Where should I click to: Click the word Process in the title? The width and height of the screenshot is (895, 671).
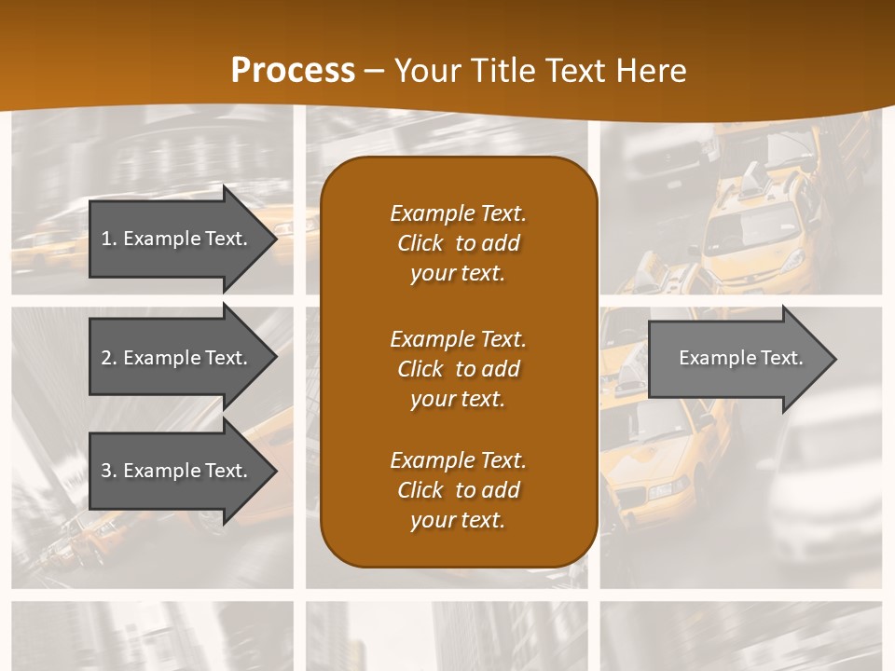[x=293, y=71]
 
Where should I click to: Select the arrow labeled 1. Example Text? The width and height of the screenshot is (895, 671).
[x=177, y=239]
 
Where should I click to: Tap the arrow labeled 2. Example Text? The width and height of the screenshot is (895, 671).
[x=177, y=358]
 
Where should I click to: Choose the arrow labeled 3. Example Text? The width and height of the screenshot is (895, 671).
[x=177, y=471]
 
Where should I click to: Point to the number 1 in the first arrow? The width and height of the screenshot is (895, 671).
[x=106, y=239]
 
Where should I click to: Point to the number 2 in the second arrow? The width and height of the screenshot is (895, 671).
[x=106, y=358]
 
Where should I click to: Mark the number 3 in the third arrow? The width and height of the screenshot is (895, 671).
[x=106, y=471]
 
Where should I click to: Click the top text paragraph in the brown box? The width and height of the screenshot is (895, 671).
[x=458, y=243]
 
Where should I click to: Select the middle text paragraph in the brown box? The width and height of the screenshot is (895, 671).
[x=458, y=368]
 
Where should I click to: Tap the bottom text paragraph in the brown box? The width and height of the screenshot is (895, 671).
[x=458, y=490]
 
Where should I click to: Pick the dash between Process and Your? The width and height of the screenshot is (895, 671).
[x=375, y=71]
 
